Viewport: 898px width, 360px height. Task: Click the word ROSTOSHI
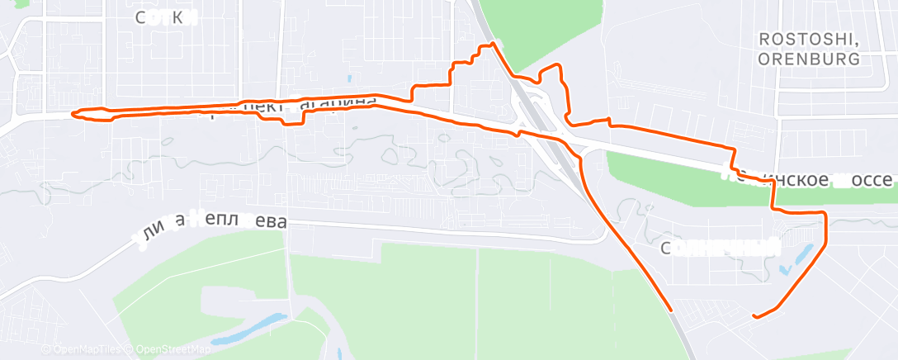point(809,40)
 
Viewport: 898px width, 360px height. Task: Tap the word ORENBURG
point(809,59)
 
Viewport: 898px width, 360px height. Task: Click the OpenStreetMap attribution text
point(170,349)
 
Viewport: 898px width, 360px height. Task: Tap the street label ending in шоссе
point(809,177)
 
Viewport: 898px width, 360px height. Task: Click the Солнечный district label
point(721,247)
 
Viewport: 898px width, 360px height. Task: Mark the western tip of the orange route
point(73,114)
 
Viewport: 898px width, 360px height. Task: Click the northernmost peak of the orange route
point(493,43)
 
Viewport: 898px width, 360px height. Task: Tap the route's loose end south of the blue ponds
point(754,315)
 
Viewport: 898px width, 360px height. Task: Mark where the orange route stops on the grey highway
point(673,310)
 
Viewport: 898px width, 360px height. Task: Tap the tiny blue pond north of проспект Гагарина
point(350,80)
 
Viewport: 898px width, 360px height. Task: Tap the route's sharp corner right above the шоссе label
point(733,149)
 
